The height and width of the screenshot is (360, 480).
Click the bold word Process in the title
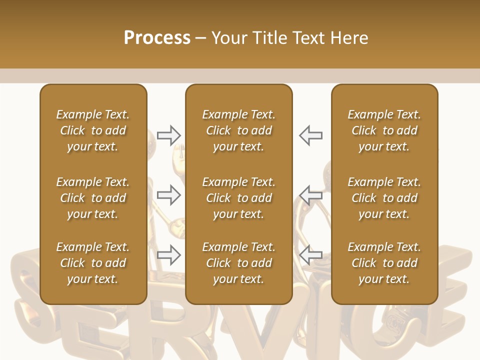click(x=157, y=38)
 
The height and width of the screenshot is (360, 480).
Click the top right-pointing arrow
click(x=169, y=135)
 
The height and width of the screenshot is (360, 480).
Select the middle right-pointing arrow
click(x=169, y=195)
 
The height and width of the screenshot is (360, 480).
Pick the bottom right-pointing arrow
click(x=169, y=255)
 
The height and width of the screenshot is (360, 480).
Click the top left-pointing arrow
click(x=311, y=135)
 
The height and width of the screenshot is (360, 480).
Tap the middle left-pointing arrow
click(x=311, y=195)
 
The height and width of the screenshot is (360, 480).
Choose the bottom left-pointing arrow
click(x=311, y=255)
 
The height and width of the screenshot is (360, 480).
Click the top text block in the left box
click(x=93, y=130)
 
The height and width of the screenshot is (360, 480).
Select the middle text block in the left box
click(x=93, y=198)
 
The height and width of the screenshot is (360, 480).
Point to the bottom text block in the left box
click(x=93, y=263)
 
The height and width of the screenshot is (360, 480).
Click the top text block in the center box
click(x=239, y=130)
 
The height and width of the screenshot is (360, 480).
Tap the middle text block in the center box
click(x=239, y=198)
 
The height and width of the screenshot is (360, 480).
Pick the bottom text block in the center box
click(x=239, y=263)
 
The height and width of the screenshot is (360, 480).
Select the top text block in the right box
click(x=384, y=130)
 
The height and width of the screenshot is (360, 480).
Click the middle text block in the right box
click(x=384, y=198)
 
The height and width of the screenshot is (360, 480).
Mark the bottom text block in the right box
click(x=384, y=263)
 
